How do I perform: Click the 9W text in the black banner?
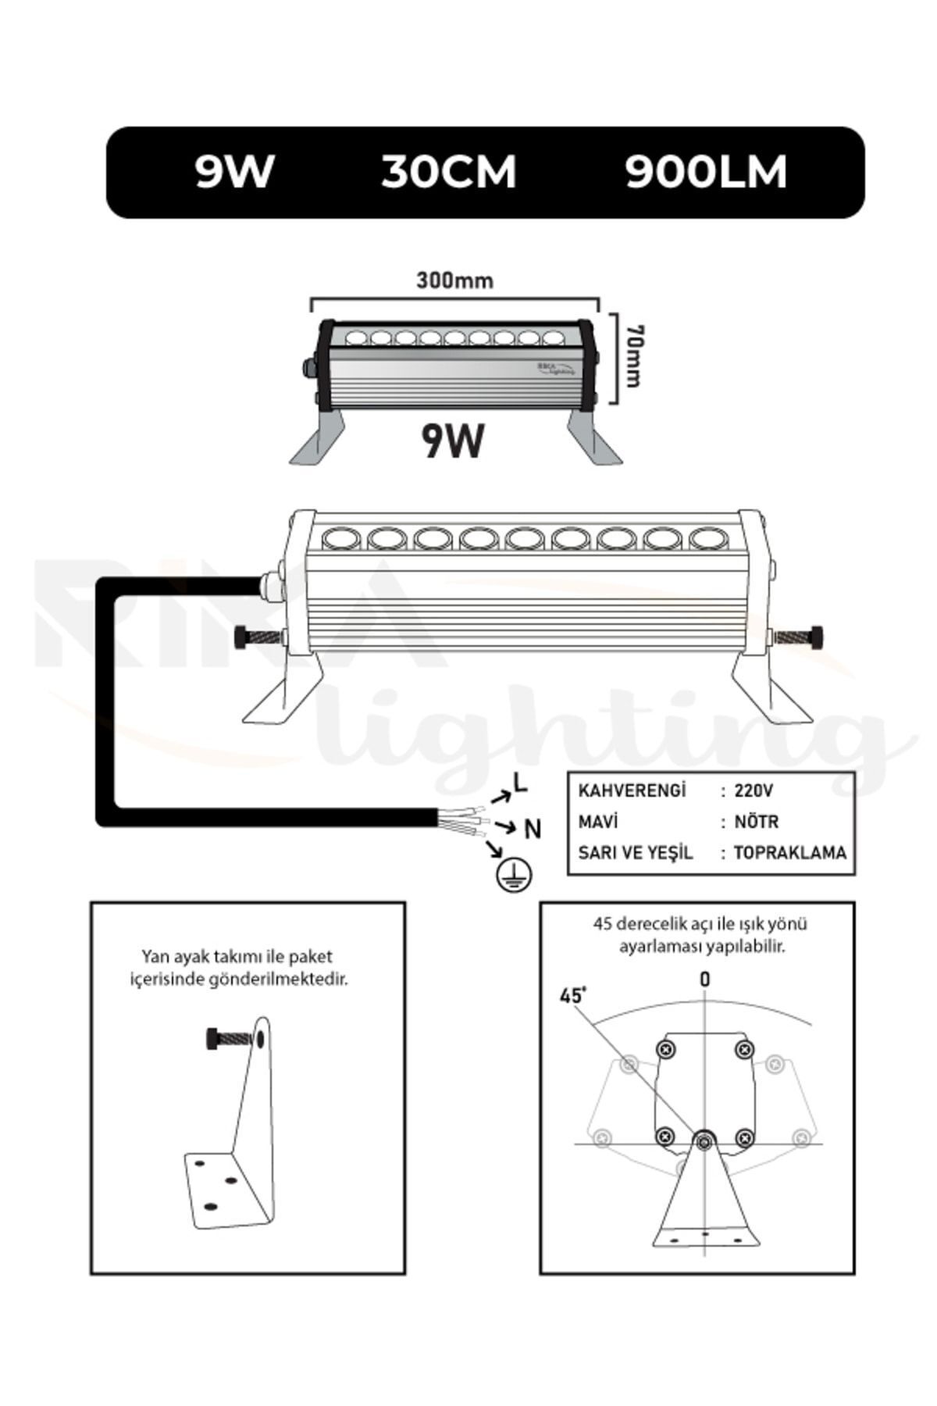point(234,172)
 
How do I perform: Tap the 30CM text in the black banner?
point(449,172)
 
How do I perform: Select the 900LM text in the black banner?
point(706,172)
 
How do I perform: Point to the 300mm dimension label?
point(454,280)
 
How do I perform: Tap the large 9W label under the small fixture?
point(453,441)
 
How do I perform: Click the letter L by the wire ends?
point(520,783)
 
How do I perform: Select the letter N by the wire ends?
point(533,829)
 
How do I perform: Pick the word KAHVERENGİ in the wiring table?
point(632,790)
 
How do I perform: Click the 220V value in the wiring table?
point(754,790)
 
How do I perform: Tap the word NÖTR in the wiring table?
point(757,822)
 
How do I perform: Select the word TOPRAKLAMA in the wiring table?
point(789,852)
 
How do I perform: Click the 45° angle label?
point(572,996)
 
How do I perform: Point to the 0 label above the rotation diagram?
point(705,980)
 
